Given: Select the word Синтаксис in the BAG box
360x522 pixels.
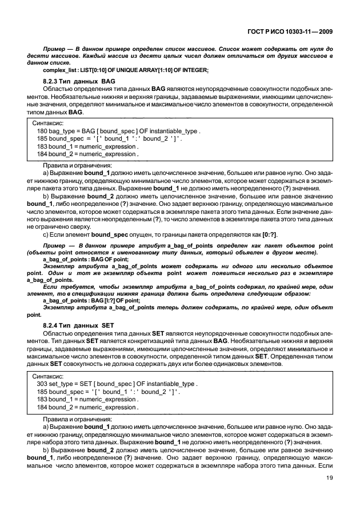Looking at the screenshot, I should (x=49, y=123).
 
